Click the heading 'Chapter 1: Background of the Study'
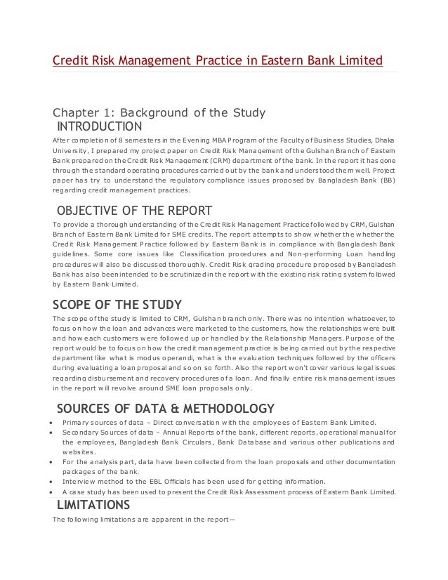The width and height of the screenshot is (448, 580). point(159,113)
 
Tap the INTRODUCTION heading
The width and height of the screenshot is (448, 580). point(99,127)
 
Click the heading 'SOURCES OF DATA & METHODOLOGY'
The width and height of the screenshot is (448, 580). point(165,409)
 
